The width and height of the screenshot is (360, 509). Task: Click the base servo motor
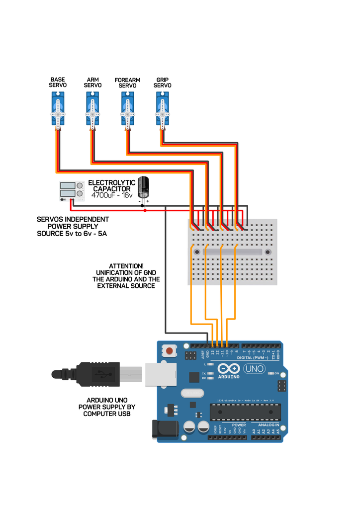[x=58, y=112]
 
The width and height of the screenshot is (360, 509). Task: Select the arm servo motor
[x=92, y=112]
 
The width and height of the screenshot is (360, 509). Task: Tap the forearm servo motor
[x=127, y=112]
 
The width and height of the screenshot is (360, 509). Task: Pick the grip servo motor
[x=163, y=112]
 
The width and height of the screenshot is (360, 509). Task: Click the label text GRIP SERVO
[x=162, y=83]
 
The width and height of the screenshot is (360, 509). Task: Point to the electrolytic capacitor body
[x=144, y=187]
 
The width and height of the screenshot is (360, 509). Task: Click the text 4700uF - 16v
[x=112, y=196]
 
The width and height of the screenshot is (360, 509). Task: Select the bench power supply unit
[x=71, y=191]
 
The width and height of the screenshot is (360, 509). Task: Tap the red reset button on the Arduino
[x=170, y=351]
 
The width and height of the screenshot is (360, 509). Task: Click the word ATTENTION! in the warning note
[x=126, y=266]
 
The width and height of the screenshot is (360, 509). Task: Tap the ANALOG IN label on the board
[x=269, y=425]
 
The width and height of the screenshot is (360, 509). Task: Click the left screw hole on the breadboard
[x=197, y=253]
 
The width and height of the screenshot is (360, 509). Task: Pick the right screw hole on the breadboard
[x=268, y=253]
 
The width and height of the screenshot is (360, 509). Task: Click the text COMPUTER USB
[x=107, y=414]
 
